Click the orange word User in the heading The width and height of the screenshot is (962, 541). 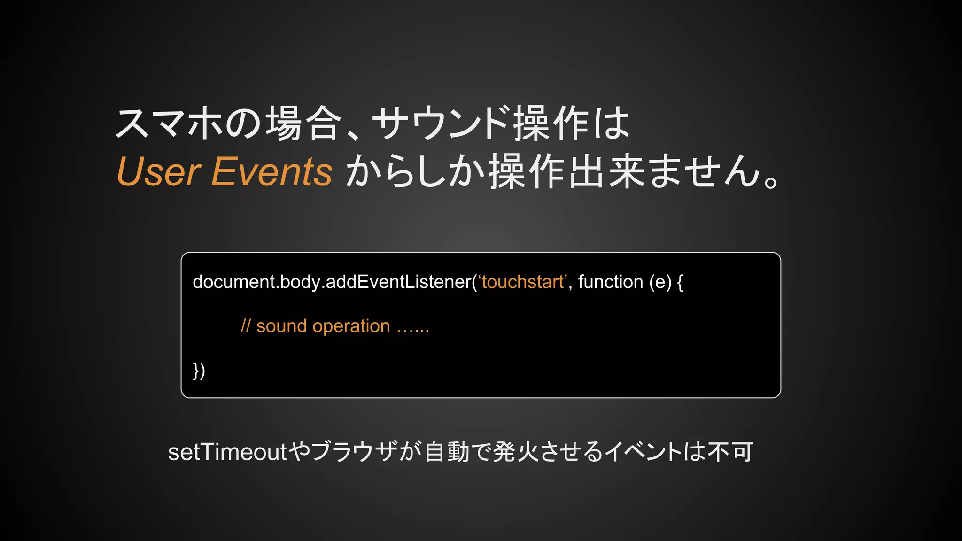coord(159,171)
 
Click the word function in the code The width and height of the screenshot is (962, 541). coord(610,282)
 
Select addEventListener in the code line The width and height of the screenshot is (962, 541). coord(398,282)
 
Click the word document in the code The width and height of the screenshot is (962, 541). coord(233,282)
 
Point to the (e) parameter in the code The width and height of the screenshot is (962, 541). coord(660,282)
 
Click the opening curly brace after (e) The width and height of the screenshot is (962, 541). coord(680,282)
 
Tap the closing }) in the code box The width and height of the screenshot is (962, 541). coord(199,371)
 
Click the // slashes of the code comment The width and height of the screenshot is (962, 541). coord(246,326)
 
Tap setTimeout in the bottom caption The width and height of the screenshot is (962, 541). coord(227,452)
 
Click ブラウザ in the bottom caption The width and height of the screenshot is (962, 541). coord(355,452)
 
